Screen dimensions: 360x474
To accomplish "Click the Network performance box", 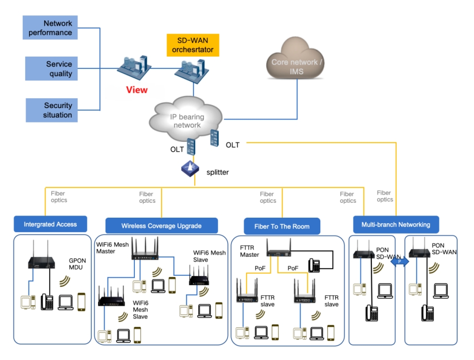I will [51, 28].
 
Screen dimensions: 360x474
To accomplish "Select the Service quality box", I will [51, 69].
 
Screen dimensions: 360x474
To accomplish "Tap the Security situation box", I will [51, 110].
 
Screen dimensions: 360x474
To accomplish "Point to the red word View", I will [137, 90].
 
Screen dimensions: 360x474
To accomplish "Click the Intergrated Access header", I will [51, 224].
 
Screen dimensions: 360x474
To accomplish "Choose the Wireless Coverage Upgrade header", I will [161, 226].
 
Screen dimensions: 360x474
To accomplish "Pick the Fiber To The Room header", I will [282, 226].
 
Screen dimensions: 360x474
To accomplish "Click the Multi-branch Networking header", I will [396, 224].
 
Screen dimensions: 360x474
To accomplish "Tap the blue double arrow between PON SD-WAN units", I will [400, 262].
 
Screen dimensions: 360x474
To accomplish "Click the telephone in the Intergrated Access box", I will [47, 301].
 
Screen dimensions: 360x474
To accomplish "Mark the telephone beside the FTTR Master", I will [314, 265].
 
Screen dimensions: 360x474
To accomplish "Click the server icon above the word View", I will [133, 68].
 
